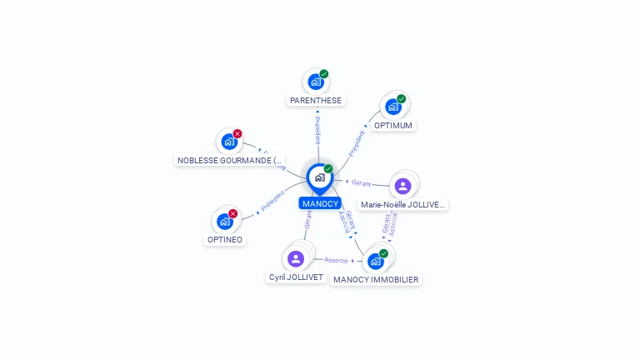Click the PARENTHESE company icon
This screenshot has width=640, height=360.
(x=315, y=82)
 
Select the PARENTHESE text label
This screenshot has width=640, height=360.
(x=315, y=101)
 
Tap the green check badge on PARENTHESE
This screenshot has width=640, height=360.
(x=324, y=74)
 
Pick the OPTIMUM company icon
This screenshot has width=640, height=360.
(x=393, y=107)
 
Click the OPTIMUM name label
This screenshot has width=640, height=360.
(x=393, y=126)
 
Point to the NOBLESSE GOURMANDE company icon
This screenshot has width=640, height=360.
(x=228, y=142)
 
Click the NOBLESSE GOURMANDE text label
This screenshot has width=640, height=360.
(x=230, y=160)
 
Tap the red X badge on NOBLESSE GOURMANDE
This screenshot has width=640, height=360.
(x=237, y=133)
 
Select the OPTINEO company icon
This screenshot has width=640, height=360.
(x=224, y=221)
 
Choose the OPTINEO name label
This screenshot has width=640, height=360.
(x=224, y=240)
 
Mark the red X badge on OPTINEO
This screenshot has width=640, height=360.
(x=233, y=213)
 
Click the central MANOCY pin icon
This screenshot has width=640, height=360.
(x=319, y=177)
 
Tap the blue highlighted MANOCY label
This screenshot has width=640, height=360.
(x=320, y=203)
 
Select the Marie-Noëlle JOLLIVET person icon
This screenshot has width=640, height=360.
(x=403, y=186)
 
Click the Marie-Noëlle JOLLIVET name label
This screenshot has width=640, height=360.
(x=403, y=204)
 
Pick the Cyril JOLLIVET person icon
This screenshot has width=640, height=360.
(x=296, y=258)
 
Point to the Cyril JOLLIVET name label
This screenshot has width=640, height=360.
(x=296, y=277)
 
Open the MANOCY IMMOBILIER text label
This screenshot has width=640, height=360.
(x=376, y=280)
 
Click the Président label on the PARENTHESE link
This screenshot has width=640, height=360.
(x=317, y=131)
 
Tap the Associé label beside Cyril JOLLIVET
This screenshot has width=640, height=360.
(x=336, y=260)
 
